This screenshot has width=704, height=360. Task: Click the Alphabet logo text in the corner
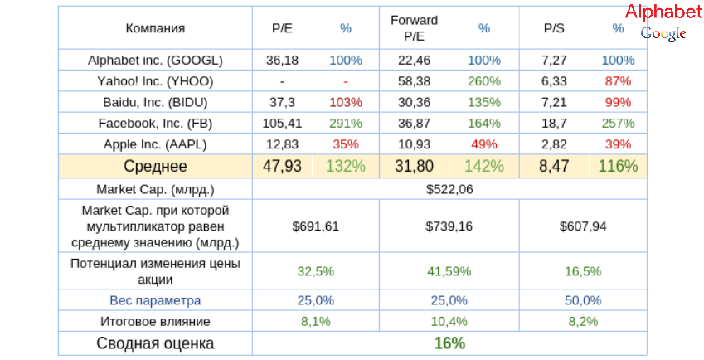click(x=663, y=12)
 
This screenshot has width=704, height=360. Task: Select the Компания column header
click(x=155, y=28)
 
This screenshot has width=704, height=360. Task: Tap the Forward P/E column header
click(x=414, y=28)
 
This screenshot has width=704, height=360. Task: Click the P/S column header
click(x=553, y=28)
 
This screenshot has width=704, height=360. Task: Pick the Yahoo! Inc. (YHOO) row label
click(x=155, y=81)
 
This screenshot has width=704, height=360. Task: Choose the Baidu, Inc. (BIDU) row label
click(x=155, y=102)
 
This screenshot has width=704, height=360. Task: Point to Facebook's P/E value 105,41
click(x=283, y=123)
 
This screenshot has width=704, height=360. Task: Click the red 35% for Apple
click(x=346, y=144)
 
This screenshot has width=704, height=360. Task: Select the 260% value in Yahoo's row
click(x=484, y=81)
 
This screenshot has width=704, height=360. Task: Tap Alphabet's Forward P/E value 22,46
click(x=414, y=61)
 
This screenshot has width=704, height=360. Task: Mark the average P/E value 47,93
click(x=283, y=166)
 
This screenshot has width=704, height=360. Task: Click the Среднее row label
click(x=155, y=166)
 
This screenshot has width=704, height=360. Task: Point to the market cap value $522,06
click(x=449, y=188)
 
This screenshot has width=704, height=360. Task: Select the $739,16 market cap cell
click(x=449, y=225)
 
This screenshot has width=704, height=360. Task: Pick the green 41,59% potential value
click(x=449, y=271)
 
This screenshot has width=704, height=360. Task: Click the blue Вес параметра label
click(x=155, y=299)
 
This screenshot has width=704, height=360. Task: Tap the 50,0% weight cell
click(x=582, y=299)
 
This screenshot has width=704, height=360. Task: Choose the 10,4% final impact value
click(x=449, y=321)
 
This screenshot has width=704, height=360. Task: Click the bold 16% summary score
click(x=449, y=343)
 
